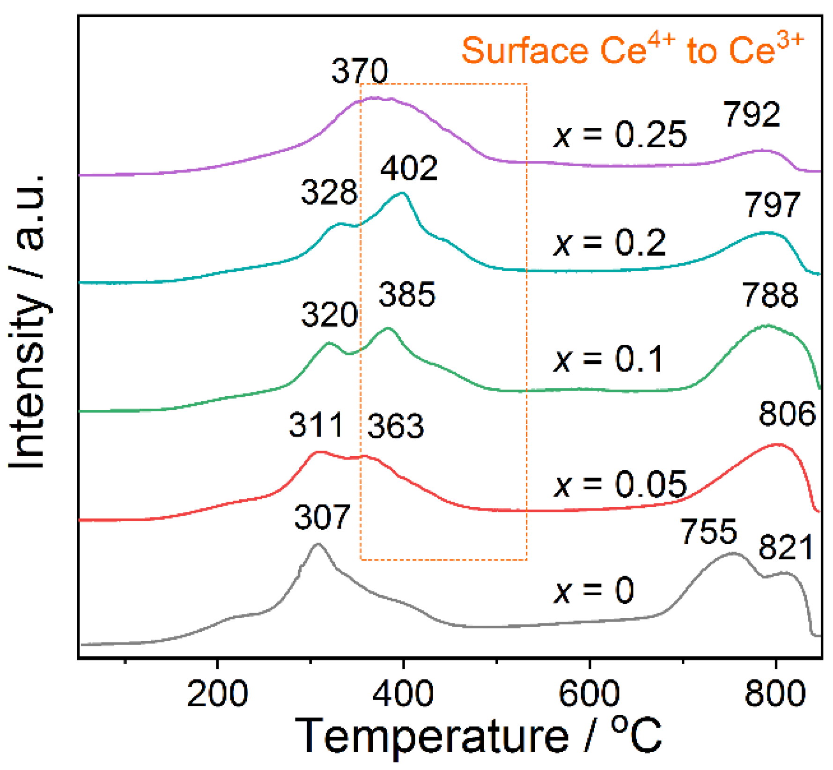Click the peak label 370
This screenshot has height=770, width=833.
360,71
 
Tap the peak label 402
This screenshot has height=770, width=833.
409,169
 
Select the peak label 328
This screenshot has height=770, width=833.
329,192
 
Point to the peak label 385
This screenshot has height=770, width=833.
407,295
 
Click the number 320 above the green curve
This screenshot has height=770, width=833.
329,314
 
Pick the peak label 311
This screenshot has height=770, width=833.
316,425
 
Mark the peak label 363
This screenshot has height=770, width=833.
395,427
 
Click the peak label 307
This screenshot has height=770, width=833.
322,517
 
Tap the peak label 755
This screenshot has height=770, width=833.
708,532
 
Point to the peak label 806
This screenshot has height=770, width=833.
787,414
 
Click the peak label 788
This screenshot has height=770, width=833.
770,296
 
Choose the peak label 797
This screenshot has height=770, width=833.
772,205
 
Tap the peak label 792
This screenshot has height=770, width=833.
752,114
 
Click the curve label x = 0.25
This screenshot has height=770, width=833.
620,135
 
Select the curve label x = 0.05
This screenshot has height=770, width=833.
620,484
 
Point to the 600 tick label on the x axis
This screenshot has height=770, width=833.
589,694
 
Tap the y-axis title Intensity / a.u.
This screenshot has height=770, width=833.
28,323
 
